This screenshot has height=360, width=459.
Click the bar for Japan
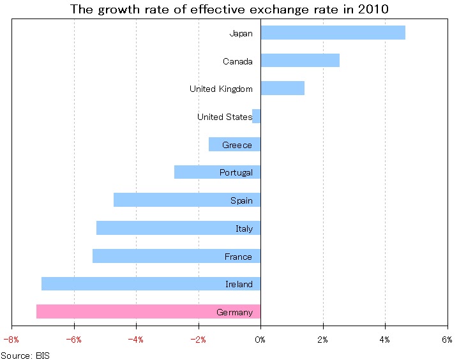pyautogui.click(x=333, y=33)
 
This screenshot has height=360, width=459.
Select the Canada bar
pyautogui.click(x=300, y=61)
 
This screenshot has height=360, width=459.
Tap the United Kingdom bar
pyautogui.click(x=282, y=88)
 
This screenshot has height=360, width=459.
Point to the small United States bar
pyautogui.click(x=257, y=116)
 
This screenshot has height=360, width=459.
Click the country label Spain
pyautogui.click(x=241, y=200)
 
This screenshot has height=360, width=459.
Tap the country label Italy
pyautogui.click(x=244, y=229)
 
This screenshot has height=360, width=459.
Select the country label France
pyautogui.click(x=238, y=257)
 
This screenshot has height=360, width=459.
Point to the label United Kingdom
pyautogui.click(x=221, y=89)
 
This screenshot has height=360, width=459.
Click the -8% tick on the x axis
pyautogui.click(x=11, y=340)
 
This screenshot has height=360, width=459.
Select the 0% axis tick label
pyautogui.click(x=260, y=340)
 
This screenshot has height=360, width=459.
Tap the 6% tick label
pyautogui.click(x=447, y=340)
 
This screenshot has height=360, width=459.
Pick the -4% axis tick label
pyautogui.click(x=135, y=340)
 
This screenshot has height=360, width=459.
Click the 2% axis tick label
pyautogui.click(x=323, y=340)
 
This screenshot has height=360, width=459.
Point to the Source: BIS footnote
pyautogui.click(x=25, y=354)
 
